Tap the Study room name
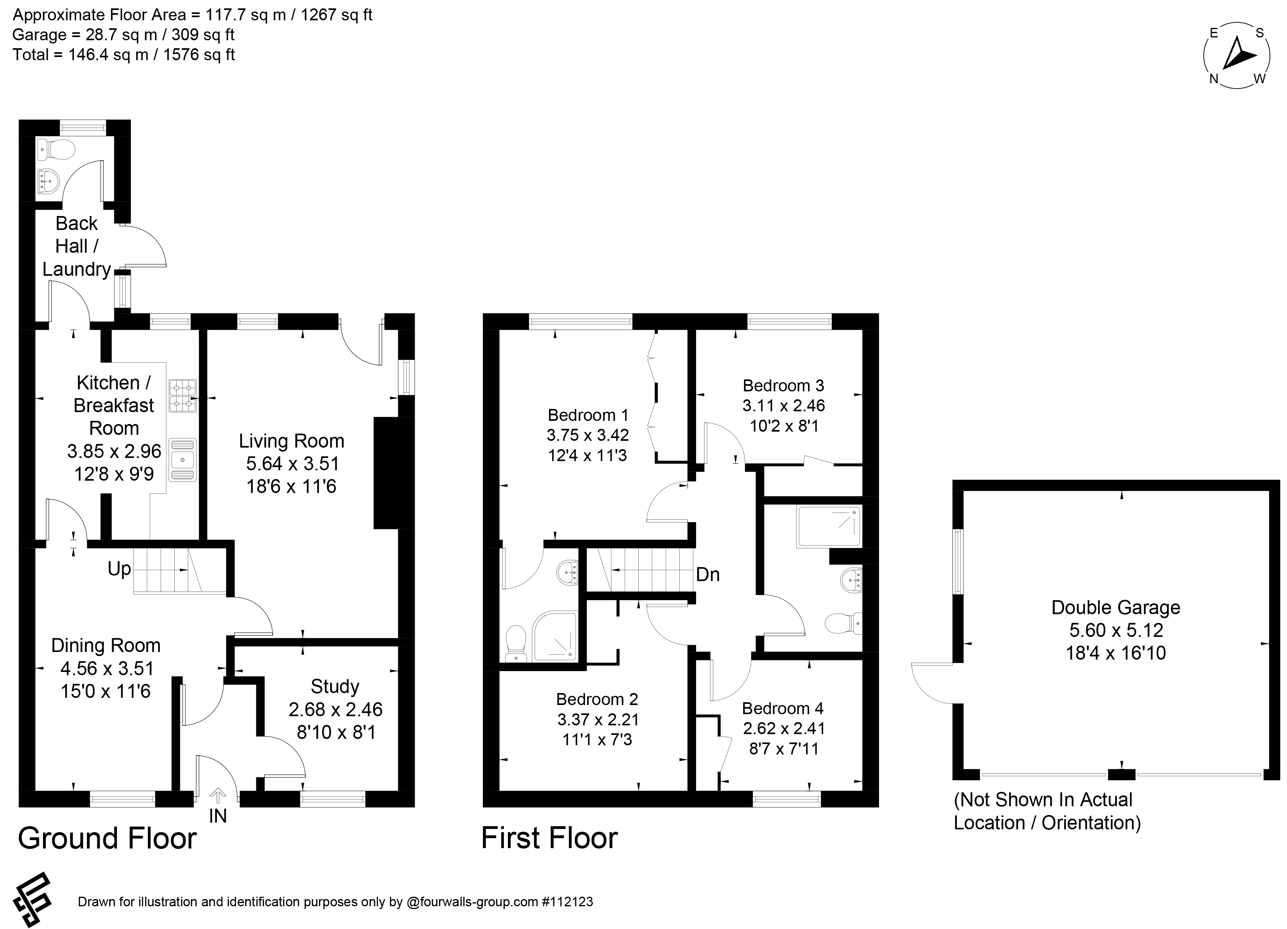(x=335, y=687)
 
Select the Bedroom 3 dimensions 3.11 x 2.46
(x=784, y=406)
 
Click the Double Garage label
(x=1116, y=607)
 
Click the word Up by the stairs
(x=119, y=569)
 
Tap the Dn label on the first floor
(x=708, y=575)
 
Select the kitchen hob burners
(x=183, y=396)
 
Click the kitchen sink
(x=183, y=460)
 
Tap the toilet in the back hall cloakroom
(x=56, y=150)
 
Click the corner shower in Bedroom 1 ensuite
(x=555, y=636)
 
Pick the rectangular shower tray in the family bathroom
(x=829, y=527)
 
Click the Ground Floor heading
(x=107, y=838)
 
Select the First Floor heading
(x=549, y=838)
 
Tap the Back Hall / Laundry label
(x=77, y=246)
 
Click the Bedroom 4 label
(x=783, y=708)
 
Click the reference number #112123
(x=567, y=902)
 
